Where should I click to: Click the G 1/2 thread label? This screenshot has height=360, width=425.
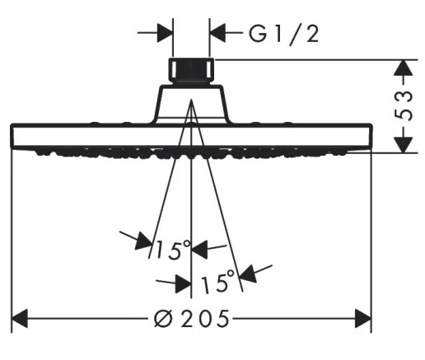283,34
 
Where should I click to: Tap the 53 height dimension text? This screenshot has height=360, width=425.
404,106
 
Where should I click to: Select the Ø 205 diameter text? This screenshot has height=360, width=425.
191,319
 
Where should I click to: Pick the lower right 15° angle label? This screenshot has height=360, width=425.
218,281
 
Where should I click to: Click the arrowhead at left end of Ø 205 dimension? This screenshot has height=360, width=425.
20,318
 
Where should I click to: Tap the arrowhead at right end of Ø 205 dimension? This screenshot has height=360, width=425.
363,318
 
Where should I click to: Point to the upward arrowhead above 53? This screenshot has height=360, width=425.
403,68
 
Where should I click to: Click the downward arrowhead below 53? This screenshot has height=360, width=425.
403,145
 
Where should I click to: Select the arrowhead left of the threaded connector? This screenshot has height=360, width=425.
166,33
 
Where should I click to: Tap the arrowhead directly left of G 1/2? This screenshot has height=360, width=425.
217,33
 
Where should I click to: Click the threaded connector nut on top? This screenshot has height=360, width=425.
191,70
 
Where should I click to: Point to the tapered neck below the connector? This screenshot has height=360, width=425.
191,104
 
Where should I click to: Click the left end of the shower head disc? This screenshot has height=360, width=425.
12,136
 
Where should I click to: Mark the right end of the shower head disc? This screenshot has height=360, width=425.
371,136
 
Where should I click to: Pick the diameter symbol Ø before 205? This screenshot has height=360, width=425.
164,319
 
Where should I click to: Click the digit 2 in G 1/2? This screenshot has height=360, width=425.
312,34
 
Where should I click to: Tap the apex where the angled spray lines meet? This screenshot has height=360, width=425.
191,100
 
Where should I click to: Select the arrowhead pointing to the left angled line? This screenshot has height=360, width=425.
143,241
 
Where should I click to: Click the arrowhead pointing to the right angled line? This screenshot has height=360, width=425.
248,274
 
